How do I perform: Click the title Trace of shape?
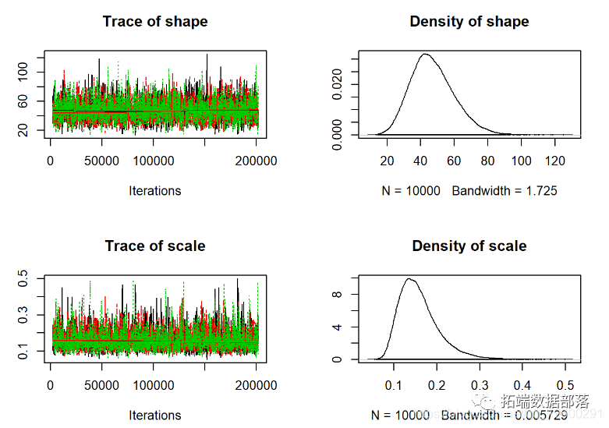point(155,22)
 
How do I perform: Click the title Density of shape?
point(469,22)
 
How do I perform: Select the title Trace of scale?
point(155,246)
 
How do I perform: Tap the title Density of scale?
point(469,246)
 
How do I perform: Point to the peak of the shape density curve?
point(425,54)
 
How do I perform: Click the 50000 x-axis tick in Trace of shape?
point(102,161)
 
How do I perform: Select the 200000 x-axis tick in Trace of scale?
point(257,386)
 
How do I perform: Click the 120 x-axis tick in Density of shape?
point(554,161)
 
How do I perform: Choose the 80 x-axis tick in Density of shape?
point(487,161)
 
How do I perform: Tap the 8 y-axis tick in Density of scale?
point(337,295)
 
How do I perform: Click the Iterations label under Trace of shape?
point(155,191)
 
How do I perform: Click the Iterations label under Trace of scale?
point(155,416)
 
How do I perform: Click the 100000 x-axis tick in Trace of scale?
point(154,386)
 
